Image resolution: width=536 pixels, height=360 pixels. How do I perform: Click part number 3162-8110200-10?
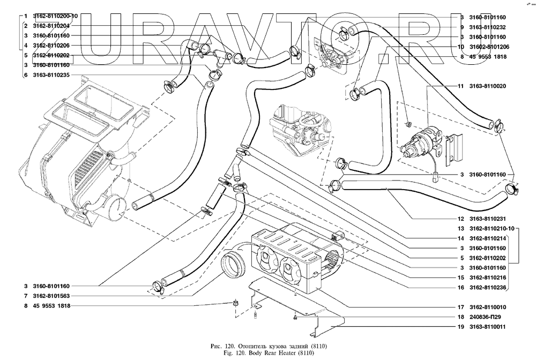click(x=55, y=16)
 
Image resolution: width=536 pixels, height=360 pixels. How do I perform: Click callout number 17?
click(x=460, y=307)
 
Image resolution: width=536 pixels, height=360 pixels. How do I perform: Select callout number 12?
click(x=460, y=219)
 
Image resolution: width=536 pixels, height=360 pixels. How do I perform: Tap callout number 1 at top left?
click(x=25, y=16)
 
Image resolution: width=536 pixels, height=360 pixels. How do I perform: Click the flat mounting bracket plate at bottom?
click(x=295, y=303)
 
